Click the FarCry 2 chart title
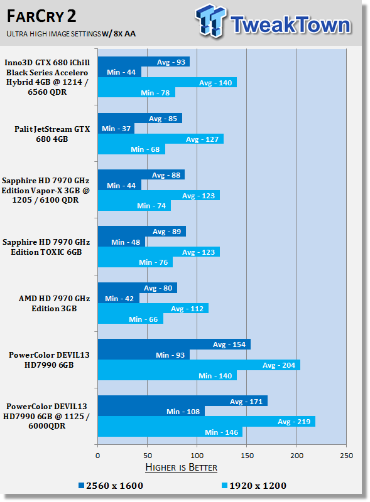tap(41, 16)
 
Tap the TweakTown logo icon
tap(210, 21)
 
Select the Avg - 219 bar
tap(207, 421)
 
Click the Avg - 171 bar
tap(183, 401)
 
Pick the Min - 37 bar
tap(116, 129)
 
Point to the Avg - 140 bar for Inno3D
tap(167, 82)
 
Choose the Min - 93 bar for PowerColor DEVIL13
tap(144, 355)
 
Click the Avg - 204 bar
tap(199, 365)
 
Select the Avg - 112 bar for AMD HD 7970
tap(153, 308)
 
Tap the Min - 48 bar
tap(121, 242)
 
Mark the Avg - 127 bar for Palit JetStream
tap(161, 139)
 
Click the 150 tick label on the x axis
tap(247, 456)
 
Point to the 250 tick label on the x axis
tap(346, 456)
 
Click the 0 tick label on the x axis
tap(98, 456)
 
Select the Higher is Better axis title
tap(181, 467)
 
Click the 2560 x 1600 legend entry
tap(111, 486)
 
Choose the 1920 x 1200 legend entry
tap(254, 486)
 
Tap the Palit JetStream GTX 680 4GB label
tap(52, 134)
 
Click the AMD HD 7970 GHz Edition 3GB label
tap(54, 303)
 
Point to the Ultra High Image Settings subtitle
tap(71, 33)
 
